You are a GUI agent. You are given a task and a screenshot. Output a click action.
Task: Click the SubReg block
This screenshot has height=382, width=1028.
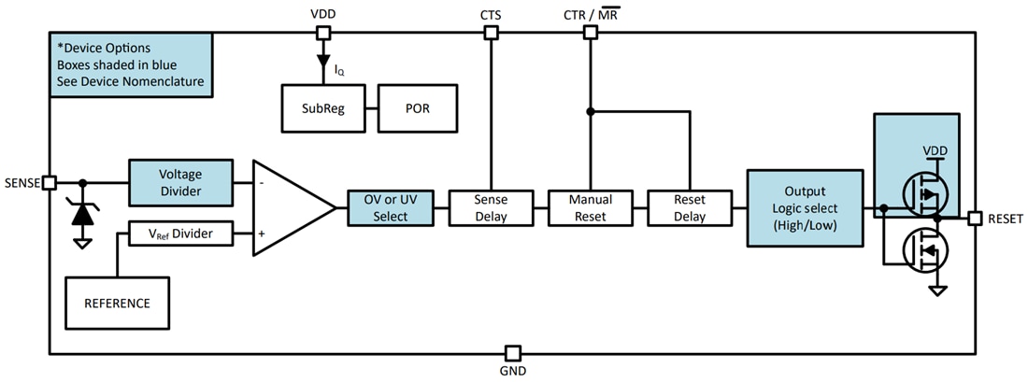coord(323,107)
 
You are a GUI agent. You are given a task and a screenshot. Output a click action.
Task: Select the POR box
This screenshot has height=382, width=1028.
coord(417,107)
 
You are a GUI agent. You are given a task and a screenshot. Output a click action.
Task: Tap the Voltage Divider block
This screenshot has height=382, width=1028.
coord(180,181)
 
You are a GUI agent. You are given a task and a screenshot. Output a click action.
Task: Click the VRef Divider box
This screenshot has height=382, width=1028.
coord(180,233)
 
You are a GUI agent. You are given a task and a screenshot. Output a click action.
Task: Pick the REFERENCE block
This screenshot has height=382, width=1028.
coord(117,303)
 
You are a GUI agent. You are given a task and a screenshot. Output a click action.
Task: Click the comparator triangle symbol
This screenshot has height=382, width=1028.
coord(288,206)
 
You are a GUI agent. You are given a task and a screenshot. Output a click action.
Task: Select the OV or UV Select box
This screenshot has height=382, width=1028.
coord(391,206)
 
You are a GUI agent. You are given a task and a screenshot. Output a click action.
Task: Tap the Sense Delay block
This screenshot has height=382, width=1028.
coord(491,207)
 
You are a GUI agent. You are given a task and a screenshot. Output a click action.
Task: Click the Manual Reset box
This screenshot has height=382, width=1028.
coord(591,207)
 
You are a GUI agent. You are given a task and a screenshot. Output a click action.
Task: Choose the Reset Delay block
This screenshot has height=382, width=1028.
coord(690,207)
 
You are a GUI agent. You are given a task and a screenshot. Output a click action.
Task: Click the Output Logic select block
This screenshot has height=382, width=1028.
coord(805,207)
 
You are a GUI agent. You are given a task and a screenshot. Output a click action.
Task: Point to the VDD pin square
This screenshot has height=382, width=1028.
coord(322,33)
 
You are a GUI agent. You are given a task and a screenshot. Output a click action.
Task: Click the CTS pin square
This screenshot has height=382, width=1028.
coord(490,33)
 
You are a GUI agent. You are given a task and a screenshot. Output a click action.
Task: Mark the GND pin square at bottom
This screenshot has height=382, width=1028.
coord(512,353)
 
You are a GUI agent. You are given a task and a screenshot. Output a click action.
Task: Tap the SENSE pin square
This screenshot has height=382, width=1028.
coord(50,182)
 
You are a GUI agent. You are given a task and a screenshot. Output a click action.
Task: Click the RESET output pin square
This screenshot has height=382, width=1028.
coord(975,219)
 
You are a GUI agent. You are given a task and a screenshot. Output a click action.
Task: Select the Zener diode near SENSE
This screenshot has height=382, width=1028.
coord(82,213)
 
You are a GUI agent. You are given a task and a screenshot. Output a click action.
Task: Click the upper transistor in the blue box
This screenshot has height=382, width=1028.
coord(924,193)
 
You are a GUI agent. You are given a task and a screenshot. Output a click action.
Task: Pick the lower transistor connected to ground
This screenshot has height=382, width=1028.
coord(924,249)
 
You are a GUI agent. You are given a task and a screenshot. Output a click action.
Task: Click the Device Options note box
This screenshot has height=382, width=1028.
coord(131,65)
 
